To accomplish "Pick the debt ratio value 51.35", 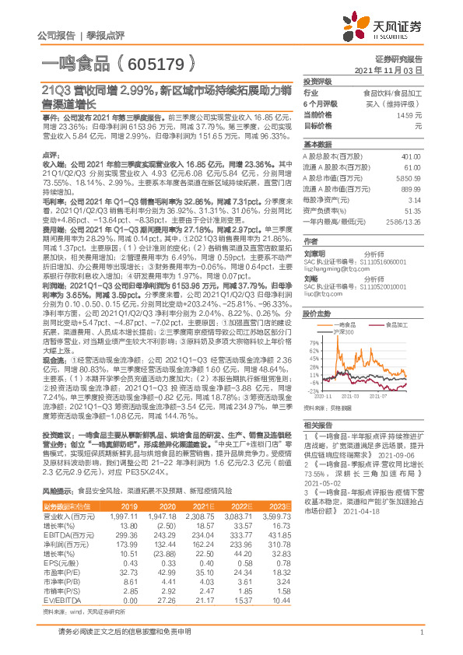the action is coord(413,211).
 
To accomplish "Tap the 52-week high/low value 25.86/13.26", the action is coord(404,222).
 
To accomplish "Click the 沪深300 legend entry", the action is coord(342,332).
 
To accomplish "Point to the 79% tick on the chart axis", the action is coord(312,342).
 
